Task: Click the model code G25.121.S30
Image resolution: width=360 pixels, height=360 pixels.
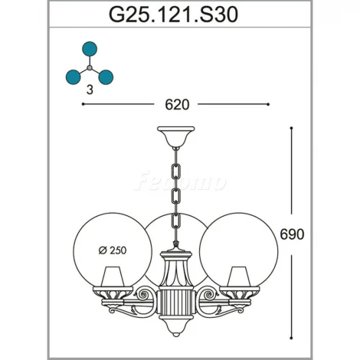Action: [174, 15]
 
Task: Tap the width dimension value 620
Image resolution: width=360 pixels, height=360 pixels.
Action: [177, 104]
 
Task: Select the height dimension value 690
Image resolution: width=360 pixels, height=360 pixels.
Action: [292, 234]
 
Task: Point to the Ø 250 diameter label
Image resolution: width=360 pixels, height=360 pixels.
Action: [113, 250]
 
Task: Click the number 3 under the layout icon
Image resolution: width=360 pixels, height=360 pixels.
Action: [90, 90]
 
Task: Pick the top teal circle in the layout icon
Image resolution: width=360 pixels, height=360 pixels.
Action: [90, 49]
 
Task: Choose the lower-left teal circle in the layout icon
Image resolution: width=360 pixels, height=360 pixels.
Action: [74, 77]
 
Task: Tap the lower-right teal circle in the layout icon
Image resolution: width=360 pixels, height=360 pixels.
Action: [106, 77]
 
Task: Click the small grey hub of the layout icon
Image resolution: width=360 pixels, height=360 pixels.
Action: [90, 68]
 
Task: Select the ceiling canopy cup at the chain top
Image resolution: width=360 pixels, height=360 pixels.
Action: [176, 136]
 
